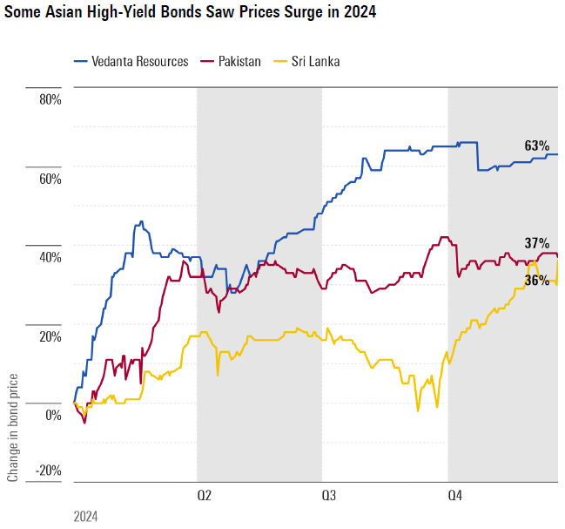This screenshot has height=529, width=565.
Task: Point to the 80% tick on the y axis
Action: pyautogui.click(x=49, y=99)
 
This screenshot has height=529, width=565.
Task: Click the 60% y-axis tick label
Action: pyautogui.click(x=49, y=179)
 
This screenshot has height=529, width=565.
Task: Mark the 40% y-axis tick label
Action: pyautogui.click(x=49, y=257)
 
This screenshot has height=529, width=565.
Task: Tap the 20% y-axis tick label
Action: pyautogui.click(x=49, y=336)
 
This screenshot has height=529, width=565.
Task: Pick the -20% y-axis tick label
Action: pyautogui.click(x=47, y=471)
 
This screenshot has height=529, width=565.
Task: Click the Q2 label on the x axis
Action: pyautogui.click(x=204, y=495)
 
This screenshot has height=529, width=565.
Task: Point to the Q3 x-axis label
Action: pyautogui.click(x=329, y=495)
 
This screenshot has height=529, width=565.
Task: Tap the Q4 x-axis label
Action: pyautogui.click(x=454, y=495)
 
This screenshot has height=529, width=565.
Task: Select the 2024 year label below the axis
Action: pyautogui.click(x=85, y=516)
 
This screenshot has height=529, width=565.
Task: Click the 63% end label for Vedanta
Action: pyautogui.click(x=536, y=146)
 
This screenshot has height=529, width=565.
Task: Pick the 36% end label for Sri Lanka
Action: pyautogui.click(x=536, y=280)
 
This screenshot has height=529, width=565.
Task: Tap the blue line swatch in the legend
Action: pyautogui.click(x=84, y=61)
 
